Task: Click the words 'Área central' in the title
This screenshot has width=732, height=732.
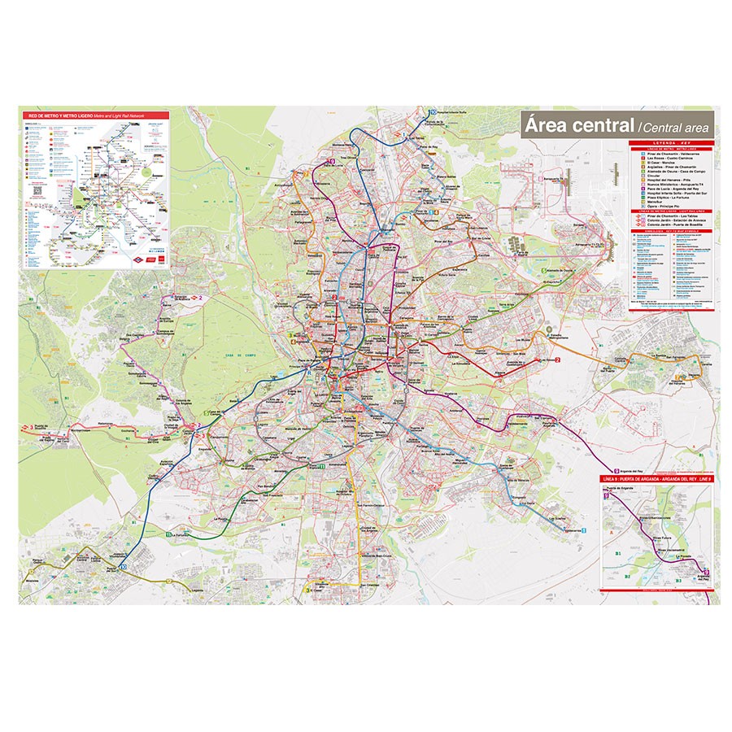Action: (578, 125)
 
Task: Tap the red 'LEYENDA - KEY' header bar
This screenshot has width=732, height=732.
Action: (671, 142)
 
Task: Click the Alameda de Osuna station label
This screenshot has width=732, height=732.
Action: (561, 269)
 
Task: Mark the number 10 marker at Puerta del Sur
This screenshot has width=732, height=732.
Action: (124, 568)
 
